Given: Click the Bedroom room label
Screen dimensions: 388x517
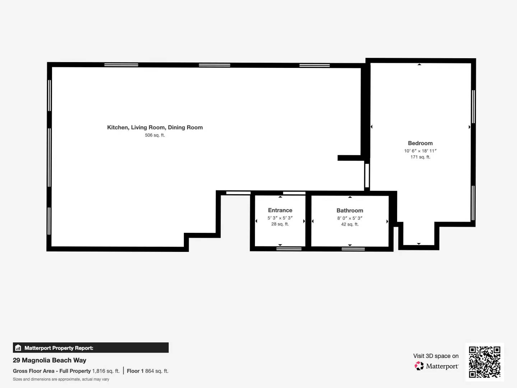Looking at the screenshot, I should (420, 143).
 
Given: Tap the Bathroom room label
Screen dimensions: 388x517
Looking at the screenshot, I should (350, 211).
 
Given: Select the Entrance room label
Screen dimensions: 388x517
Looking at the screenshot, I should (280, 210).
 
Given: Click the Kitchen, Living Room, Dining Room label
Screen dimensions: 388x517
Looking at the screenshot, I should (155, 127).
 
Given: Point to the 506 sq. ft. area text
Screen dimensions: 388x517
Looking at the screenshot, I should (155, 135).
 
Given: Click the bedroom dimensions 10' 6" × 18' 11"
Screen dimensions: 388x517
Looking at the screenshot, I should (420, 151).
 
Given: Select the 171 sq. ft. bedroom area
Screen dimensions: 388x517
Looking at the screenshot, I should (420, 157).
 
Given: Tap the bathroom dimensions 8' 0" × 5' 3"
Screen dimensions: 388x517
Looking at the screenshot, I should (350, 218).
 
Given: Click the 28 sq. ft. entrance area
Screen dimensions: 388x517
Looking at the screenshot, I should (280, 224).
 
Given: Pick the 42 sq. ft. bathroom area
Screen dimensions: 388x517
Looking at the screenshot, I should (350, 224).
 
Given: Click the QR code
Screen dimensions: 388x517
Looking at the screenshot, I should (484, 362).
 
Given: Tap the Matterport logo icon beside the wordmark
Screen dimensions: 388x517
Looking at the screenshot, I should (419, 366).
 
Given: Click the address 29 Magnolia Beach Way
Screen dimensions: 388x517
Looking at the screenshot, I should (50, 360).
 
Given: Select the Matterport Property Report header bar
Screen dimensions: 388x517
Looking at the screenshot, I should (90, 348).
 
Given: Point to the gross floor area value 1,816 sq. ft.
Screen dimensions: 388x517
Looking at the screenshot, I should (106, 371).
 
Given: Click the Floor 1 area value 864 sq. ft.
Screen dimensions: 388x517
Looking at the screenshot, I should (157, 371).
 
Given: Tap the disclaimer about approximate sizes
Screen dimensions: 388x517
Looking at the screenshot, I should (61, 379).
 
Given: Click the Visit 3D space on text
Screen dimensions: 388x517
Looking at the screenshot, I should (436, 356).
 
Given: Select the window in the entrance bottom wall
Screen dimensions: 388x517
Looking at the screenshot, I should (289, 249).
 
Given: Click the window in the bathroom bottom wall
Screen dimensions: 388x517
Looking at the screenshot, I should (353, 249).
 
